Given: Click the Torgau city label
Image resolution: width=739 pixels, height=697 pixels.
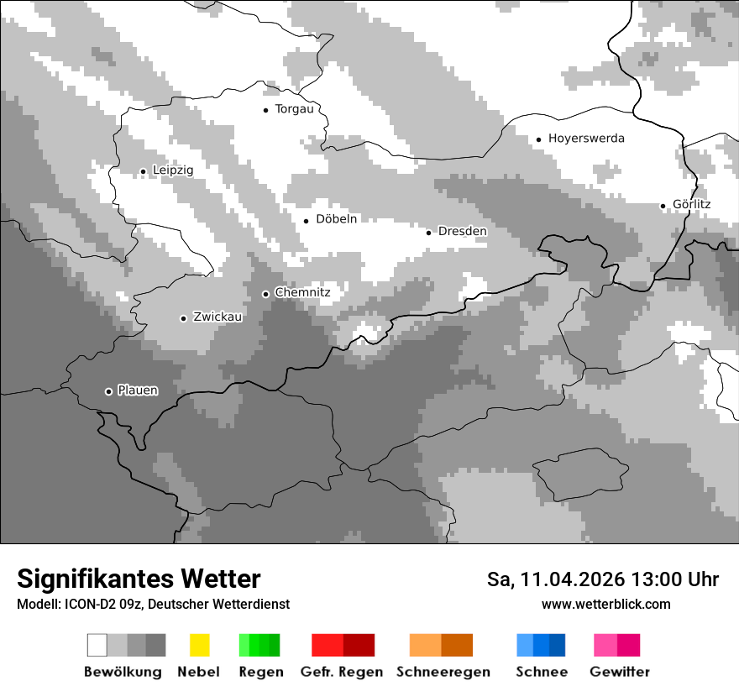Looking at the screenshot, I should click(x=294, y=109).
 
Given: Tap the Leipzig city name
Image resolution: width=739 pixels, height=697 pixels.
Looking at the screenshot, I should click(x=173, y=170).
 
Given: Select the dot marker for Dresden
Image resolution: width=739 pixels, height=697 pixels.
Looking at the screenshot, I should click(x=428, y=232).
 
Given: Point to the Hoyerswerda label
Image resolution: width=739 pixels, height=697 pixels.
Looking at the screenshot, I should click(x=586, y=139).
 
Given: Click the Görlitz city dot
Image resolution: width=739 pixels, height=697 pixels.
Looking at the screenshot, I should click(x=663, y=206).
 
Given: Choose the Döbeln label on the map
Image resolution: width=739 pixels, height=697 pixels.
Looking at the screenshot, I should click(x=337, y=219).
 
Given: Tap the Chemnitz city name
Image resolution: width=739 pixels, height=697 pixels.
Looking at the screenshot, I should click(x=302, y=292).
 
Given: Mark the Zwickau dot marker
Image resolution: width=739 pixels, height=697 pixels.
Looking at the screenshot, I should click(x=183, y=318).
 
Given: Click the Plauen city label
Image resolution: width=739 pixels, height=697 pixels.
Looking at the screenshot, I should click(x=138, y=390).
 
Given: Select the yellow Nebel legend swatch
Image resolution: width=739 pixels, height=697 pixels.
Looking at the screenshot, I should click(x=199, y=645).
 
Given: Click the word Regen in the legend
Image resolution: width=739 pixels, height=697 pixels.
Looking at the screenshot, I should click(x=260, y=672).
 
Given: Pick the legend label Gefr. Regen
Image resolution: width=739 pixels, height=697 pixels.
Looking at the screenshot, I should click(x=342, y=672).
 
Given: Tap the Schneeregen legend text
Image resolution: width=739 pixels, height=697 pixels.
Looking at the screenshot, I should click(x=443, y=672).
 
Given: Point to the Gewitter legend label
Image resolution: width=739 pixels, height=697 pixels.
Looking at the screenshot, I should click(x=620, y=672).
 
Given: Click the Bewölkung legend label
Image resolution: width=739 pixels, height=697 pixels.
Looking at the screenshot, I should click(x=123, y=672).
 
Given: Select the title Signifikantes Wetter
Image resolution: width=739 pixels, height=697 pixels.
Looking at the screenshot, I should click(x=139, y=579).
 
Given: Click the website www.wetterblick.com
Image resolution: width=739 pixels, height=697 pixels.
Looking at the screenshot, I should click(x=606, y=605).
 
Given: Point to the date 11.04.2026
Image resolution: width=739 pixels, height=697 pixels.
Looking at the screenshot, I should click(x=573, y=579).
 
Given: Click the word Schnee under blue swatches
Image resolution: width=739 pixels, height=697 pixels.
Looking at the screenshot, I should click(x=541, y=672).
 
